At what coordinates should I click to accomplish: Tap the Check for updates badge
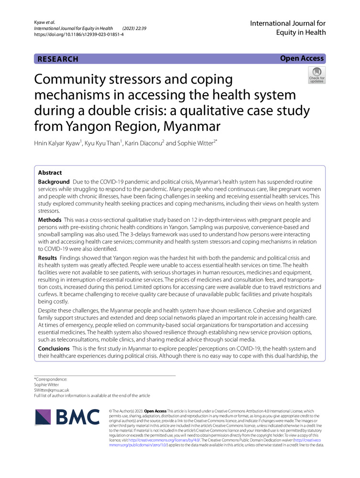click(x=316, y=75)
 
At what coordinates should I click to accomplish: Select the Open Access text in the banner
click(x=302, y=58)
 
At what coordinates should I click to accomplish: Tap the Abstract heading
click(x=50, y=173)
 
